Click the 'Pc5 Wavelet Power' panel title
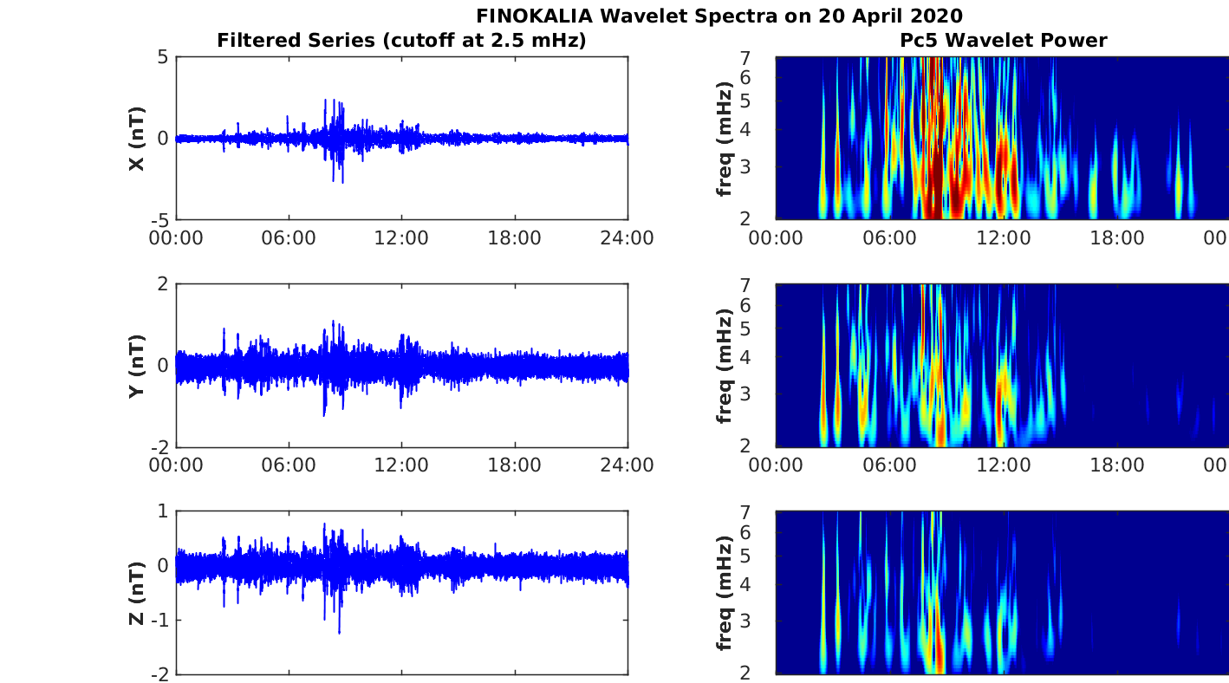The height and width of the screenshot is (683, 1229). (1003, 40)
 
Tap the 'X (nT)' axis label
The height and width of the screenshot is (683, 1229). (136, 139)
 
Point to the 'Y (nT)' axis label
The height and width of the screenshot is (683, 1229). (136, 366)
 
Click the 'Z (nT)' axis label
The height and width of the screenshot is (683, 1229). (136, 593)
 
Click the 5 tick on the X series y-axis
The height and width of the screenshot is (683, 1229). (163, 57)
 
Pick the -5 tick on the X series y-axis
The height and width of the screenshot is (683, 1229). (159, 219)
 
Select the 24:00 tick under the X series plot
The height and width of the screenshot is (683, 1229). (628, 238)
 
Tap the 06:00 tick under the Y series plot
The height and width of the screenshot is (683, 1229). (289, 465)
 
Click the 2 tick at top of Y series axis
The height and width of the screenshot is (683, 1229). (163, 284)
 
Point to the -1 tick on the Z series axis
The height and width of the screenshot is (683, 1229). (159, 621)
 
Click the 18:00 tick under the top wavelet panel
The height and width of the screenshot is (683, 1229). (1117, 238)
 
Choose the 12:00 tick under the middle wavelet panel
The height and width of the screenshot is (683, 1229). (1004, 465)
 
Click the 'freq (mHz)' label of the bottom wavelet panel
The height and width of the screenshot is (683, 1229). (725, 593)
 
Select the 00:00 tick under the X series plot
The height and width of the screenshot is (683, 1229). (176, 238)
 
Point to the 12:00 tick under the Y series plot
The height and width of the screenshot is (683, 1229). (401, 465)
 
